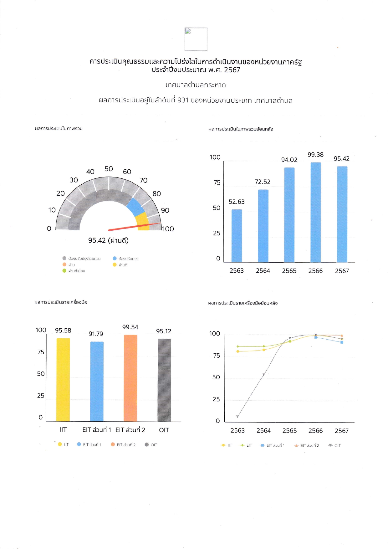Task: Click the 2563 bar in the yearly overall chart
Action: pyautogui.click(x=237, y=235)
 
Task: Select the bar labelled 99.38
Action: pyautogui.click(x=315, y=212)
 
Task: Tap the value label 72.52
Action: pyautogui.click(x=263, y=182)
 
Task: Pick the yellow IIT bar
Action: pyautogui.click(x=63, y=379)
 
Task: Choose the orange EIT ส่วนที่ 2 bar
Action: pyautogui.click(x=130, y=378)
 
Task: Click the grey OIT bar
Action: pyautogui.click(x=164, y=380)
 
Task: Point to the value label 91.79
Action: pyautogui.click(x=96, y=334)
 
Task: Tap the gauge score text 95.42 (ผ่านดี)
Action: pyautogui.click(x=108, y=240)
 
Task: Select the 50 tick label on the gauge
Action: pyautogui.click(x=109, y=169)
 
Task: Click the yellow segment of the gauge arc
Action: pyautogui.click(x=142, y=222)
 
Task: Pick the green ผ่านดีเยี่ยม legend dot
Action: pyautogui.click(x=64, y=271)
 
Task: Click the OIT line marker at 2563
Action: pyautogui.click(x=237, y=417)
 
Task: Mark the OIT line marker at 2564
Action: pyautogui.click(x=264, y=374)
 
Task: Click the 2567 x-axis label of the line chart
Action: pyautogui.click(x=341, y=431)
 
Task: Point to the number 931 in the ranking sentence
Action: pyautogui.click(x=183, y=100)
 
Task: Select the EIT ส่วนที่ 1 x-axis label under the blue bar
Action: pyautogui.click(x=96, y=430)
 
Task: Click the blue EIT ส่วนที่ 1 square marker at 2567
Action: pyautogui.click(x=342, y=342)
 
